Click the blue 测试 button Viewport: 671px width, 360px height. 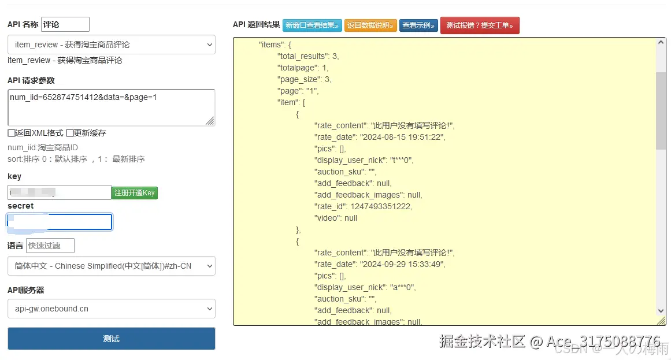coord(111,339)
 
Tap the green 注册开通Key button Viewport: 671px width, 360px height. coord(135,193)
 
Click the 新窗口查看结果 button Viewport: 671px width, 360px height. coord(312,25)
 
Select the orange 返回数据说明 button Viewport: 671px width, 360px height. coord(370,25)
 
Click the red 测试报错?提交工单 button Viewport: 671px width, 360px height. coord(480,25)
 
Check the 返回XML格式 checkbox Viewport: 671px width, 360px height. coord(12,133)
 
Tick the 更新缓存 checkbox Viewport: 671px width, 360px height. coord(70,133)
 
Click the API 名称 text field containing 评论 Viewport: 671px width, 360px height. coord(65,24)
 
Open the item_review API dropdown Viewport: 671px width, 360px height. coord(111,44)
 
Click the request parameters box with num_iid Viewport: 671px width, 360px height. coord(111,107)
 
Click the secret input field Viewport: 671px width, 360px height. coord(60,222)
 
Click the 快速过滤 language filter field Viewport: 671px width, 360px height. coord(50,246)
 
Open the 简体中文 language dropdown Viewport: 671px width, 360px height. coord(111,266)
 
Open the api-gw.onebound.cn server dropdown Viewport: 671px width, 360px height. coord(111,309)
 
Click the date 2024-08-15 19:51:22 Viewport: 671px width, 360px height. coord(402,137)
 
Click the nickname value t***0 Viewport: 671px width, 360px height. coord(401,160)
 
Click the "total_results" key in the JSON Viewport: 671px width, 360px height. coord(302,56)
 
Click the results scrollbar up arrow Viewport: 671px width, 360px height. coord(661,43)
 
